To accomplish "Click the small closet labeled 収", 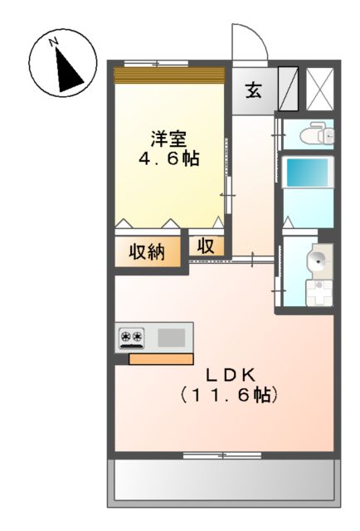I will (206, 246).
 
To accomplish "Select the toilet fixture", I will (314, 134).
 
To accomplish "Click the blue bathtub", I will (307, 173).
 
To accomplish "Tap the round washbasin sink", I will (318, 260).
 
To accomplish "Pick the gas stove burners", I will (132, 337).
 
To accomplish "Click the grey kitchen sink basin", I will (172, 337).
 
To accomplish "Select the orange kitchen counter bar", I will (161, 359).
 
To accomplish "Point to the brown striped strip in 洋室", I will (168, 75).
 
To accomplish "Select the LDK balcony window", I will (222, 455).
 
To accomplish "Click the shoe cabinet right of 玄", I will (288, 90).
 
